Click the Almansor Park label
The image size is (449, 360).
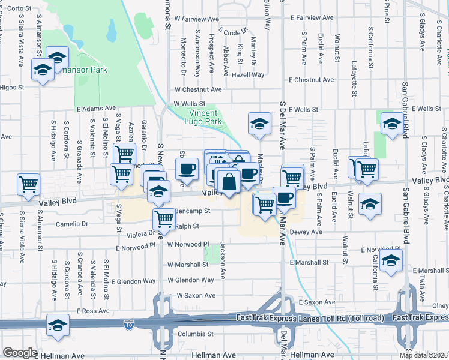tap(91, 70)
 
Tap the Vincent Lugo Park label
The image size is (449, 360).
tap(206, 117)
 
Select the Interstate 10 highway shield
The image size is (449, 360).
tap(130, 325)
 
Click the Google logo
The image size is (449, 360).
tap(20, 353)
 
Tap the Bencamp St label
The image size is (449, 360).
tap(193, 211)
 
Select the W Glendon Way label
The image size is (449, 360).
tap(191, 280)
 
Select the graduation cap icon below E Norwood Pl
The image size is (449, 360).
tap(390, 260)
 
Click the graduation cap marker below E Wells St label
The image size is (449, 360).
tap(393, 124)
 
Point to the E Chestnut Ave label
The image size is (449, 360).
tap(311, 80)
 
